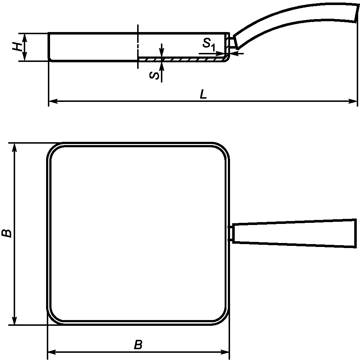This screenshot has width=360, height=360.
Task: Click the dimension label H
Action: [x=17, y=46]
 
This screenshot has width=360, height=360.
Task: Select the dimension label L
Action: [x=203, y=94]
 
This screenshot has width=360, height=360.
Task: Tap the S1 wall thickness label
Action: [x=209, y=44]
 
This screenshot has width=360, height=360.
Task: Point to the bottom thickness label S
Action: [x=154, y=75]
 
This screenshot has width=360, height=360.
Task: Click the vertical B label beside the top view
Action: [x=6, y=233]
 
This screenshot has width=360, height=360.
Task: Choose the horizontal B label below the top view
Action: [x=138, y=345]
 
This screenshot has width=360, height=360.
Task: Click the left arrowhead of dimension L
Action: [x=53, y=101]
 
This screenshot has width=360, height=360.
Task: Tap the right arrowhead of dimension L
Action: [x=353, y=101]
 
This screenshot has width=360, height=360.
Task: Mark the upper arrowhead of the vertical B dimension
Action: [x=14, y=147]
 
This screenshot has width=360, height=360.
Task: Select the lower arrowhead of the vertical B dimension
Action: [x=14, y=320]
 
